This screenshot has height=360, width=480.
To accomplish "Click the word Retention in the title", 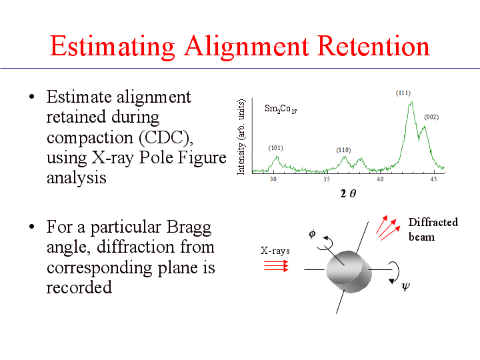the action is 373,46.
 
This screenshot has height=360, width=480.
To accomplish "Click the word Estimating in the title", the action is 112,47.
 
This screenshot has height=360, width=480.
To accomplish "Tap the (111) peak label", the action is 403,93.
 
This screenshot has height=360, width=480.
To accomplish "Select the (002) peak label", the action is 431,117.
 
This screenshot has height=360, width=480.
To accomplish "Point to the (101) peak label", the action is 275,148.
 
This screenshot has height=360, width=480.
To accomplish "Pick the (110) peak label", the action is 343,150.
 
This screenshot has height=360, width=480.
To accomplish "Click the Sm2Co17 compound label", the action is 281,109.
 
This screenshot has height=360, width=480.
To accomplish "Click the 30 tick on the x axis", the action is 273,179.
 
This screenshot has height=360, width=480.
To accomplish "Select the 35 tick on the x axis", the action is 327,179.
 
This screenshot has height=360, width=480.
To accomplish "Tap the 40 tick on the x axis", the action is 380,179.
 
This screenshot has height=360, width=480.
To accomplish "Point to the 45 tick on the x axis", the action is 433,179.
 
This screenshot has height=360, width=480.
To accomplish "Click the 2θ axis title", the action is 348,193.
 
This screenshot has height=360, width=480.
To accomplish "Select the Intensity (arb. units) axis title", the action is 241,137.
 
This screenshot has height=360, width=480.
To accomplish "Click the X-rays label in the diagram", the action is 275,251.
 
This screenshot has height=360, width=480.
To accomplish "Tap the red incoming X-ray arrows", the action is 276,266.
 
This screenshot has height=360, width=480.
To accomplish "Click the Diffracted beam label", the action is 433,229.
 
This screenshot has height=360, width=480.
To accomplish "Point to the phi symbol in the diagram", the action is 312,234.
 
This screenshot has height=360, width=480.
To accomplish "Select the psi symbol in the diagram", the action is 405,287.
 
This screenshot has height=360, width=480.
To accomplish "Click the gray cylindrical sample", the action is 349,271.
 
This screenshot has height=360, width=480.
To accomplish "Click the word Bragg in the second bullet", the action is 189,228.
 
